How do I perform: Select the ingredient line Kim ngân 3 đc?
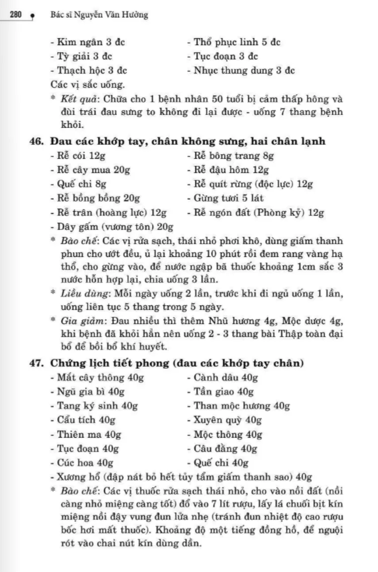(88, 42)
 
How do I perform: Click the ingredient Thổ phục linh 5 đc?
(234, 42)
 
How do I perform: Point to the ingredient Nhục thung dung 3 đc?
(241, 70)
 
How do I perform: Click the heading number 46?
(37, 142)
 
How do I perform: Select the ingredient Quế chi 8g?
(79, 184)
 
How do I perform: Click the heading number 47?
(37, 363)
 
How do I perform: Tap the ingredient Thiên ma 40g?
(86, 435)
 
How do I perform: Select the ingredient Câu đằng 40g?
(222, 449)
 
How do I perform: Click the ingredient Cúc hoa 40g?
(82, 463)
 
